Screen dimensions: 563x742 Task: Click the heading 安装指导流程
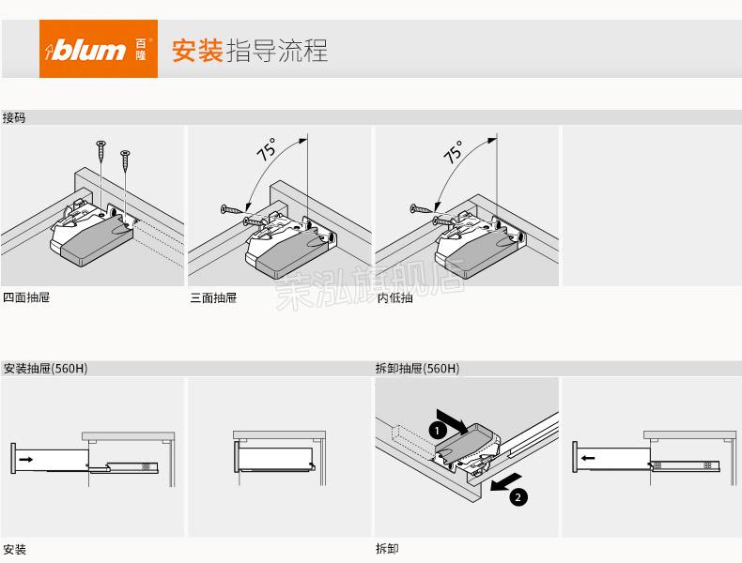249,51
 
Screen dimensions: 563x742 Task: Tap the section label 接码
14,118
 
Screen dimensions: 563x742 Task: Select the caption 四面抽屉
26,297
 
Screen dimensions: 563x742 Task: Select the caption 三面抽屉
213,297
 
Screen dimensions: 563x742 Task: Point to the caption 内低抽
394,297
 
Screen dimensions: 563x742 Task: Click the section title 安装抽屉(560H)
45,369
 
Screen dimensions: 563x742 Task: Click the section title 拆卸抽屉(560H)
417,369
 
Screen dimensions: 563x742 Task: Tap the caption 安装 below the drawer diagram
14,549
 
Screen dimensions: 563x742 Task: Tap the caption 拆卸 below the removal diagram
387,549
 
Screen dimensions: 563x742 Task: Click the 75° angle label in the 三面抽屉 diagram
267,151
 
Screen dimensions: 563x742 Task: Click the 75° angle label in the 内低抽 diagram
454,152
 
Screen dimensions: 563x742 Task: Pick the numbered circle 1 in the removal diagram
436,430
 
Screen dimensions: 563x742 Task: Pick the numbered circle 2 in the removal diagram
518,497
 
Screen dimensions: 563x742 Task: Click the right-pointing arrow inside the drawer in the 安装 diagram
25,459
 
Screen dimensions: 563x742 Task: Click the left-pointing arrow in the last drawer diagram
587,459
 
